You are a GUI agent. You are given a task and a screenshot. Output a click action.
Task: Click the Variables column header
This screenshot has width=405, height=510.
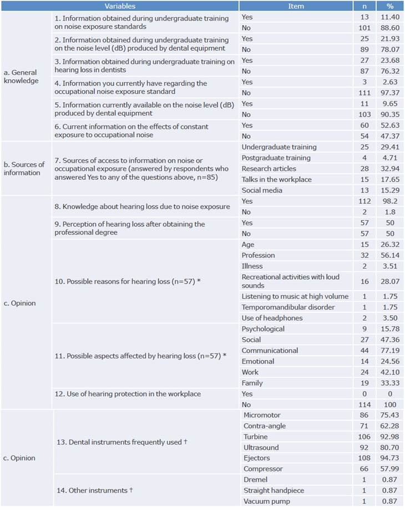click(120, 7)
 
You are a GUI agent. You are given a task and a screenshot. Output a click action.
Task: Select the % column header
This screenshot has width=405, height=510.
click(389, 7)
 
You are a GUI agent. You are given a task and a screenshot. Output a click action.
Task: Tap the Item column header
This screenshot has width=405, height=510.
click(296, 7)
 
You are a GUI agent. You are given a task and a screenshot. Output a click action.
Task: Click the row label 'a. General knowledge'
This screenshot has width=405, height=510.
click(21, 76)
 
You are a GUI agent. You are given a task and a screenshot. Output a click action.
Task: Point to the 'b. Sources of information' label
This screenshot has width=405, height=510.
click(24, 169)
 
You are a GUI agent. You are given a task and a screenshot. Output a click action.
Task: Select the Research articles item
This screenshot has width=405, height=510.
click(269, 169)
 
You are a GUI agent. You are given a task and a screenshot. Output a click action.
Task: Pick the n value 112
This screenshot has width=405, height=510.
click(364, 201)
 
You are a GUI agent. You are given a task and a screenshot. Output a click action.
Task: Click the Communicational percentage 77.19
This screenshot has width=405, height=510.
click(389, 351)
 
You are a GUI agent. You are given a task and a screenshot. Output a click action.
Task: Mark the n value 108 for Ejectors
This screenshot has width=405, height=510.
click(364, 458)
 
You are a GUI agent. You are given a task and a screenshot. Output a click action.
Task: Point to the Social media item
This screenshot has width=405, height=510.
click(262, 190)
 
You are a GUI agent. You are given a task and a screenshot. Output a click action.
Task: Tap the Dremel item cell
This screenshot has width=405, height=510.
click(256, 479)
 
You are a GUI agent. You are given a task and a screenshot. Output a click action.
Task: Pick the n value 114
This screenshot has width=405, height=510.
click(364, 405)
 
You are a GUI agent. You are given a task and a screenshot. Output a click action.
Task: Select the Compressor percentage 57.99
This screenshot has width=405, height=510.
click(389, 469)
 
